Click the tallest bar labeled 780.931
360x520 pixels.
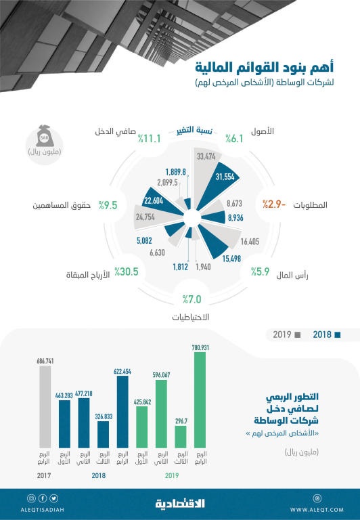[198, 398]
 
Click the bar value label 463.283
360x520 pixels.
[65, 395]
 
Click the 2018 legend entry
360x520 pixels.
[327, 334]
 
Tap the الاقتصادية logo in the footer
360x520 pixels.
[180, 504]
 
